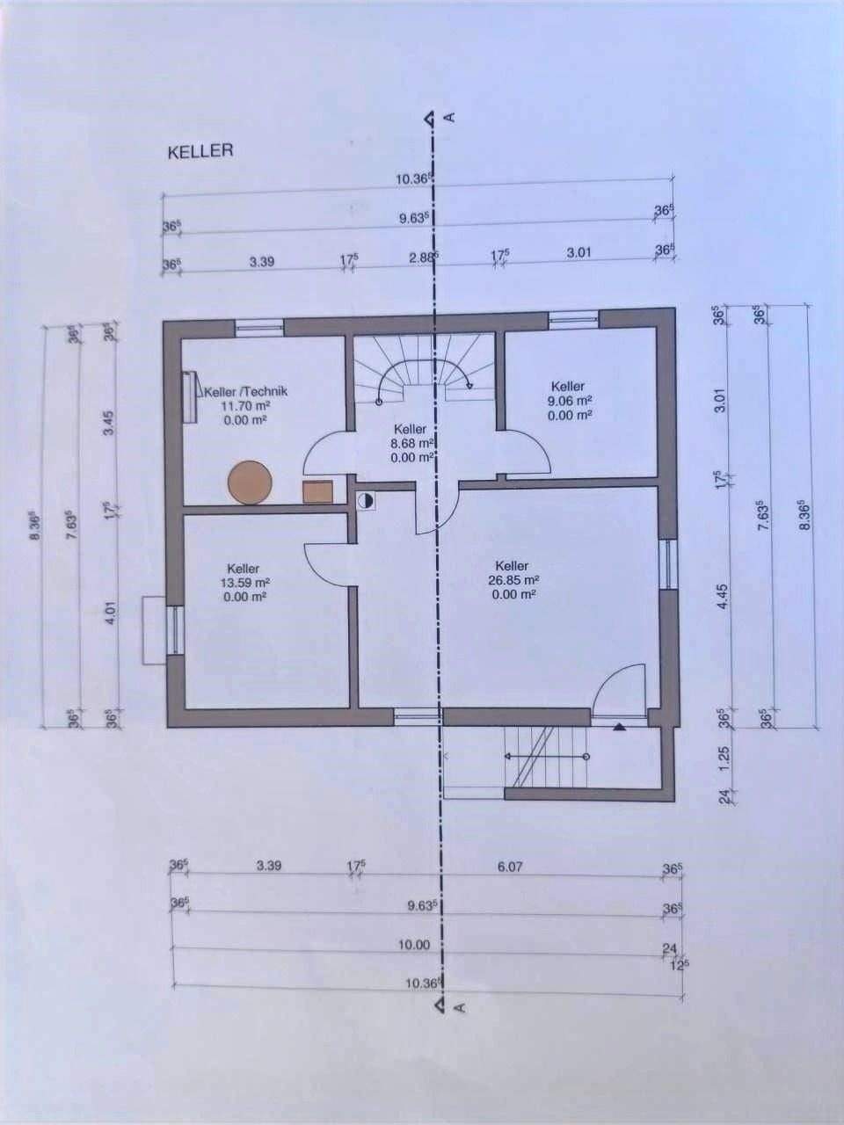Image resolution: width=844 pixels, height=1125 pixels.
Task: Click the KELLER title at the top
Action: (x=200, y=151)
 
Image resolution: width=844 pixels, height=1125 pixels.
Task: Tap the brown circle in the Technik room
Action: (x=250, y=483)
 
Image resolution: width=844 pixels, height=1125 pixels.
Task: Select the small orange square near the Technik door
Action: (x=317, y=490)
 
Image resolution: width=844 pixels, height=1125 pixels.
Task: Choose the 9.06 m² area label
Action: (x=567, y=401)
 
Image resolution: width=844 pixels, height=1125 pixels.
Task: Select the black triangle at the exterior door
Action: (x=618, y=727)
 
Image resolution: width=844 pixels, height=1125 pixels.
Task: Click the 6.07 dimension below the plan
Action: (x=510, y=867)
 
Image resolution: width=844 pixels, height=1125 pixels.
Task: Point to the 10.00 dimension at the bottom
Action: (x=413, y=946)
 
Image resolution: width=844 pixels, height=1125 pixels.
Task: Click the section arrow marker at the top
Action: (x=428, y=117)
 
